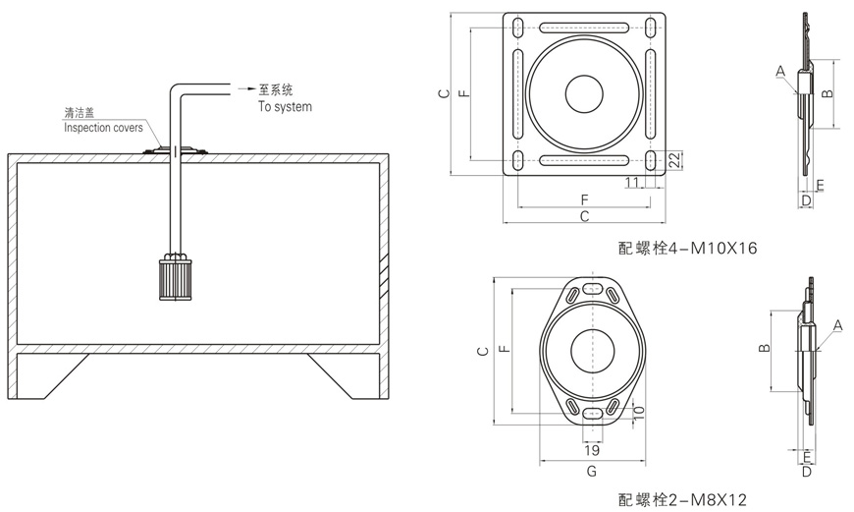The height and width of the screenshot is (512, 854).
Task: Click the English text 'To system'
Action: [285, 106]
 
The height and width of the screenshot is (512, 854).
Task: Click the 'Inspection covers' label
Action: [103, 128]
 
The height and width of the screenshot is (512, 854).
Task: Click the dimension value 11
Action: [632, 183]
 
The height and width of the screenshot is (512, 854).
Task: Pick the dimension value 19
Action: [592, 451]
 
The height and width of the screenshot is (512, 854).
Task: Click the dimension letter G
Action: [591, 472]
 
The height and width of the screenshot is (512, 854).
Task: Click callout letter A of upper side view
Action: [779, 71]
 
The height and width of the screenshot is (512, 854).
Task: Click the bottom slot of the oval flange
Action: [592, 412]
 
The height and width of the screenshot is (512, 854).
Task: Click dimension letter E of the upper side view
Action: [820, 185]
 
